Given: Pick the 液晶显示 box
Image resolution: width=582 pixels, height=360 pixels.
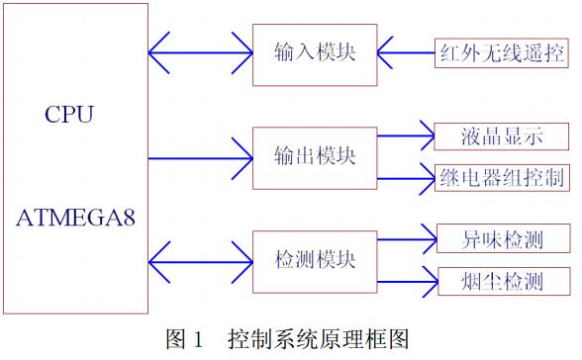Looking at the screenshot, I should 502,135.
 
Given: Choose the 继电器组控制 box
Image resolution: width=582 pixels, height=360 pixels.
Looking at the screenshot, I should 502,178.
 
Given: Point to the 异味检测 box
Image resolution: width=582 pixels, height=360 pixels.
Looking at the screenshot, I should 502,239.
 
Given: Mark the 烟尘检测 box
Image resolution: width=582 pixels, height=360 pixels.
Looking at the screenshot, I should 502,282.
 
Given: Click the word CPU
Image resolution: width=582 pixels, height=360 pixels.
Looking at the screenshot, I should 69,114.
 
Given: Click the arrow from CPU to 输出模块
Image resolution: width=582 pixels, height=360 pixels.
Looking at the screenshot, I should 200,156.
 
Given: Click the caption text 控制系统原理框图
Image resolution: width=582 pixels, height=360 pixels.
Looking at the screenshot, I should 317,339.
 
